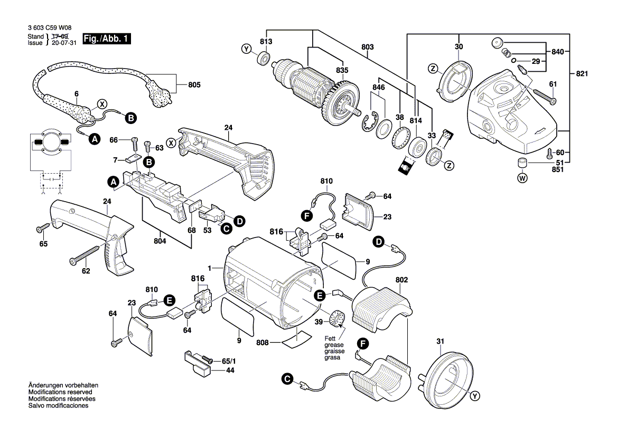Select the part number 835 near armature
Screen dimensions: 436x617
tap(342, 70)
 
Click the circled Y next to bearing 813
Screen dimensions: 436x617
tap(246, 50)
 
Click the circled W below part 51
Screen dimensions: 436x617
tap(522, 178)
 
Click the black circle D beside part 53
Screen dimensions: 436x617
tap(239, 222)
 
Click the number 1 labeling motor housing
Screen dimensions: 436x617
tap(210, 268)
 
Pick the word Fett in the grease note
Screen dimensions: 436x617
tap(330, 338)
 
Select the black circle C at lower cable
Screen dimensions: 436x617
tap(287, 378)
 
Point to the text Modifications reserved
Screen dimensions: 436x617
tap(60, 393)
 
